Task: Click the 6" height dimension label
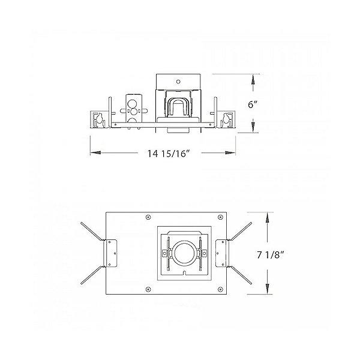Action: [x=254, y=104]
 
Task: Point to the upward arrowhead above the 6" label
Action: [x=254, y=78]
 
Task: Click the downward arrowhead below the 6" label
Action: [x=254, y=129]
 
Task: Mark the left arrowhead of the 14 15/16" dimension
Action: [x=93, y=153]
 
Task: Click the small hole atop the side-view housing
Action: [x=178, y=79]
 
